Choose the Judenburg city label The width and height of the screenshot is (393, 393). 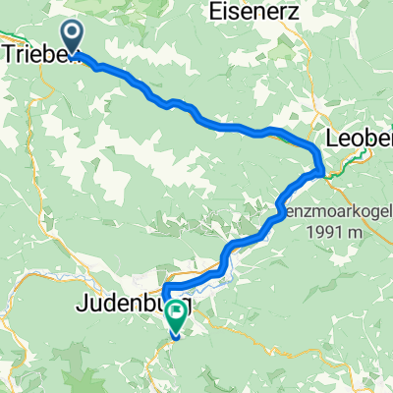pyautogui.click(x=118, y=309)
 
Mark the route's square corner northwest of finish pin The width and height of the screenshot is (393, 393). pyautogui.click(x=164, y=287)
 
